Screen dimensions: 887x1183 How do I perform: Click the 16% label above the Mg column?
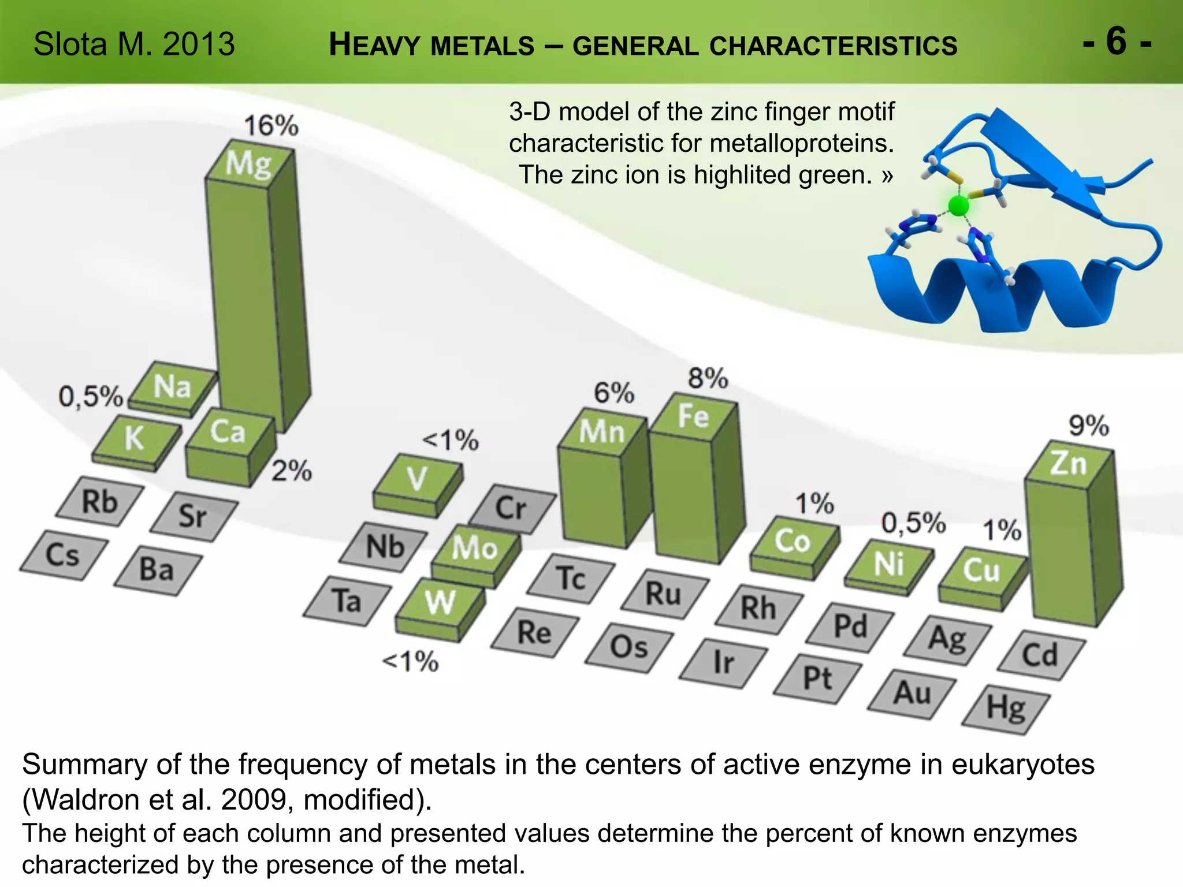coord(271,125)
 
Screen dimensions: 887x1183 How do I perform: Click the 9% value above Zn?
coord(1088,426)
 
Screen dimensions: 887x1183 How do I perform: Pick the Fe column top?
coord(693,416)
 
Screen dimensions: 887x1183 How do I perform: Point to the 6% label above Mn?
coord(614,393)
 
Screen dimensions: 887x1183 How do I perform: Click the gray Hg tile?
coord(1006,709)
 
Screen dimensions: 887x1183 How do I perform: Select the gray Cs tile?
coord(63,555)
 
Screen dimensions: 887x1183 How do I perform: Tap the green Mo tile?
coord(475,547)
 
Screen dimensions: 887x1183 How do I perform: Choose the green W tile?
coord(440,602)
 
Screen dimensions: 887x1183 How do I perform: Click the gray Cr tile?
coord(511,508)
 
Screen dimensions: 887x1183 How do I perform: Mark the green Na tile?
coord(172,386)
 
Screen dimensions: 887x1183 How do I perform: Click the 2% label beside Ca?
coord(292,471)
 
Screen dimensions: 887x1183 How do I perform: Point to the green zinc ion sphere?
coord(958,206)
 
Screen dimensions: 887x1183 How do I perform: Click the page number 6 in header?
coord(1116,42)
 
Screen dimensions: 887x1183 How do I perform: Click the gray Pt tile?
coord(817,679)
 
